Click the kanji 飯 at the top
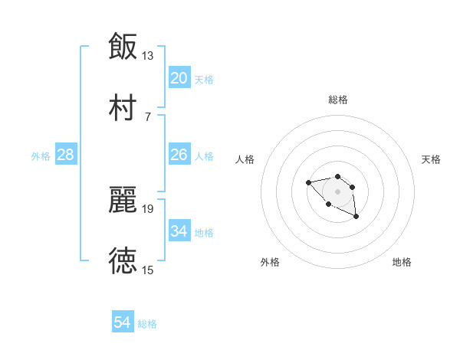123,46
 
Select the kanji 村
123,106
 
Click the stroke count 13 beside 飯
148,55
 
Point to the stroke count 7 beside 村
148,116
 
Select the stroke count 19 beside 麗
148,208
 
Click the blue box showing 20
179,77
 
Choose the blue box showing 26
179,155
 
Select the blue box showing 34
179,231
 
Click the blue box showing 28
66,155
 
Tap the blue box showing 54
123,322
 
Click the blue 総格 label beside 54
147,324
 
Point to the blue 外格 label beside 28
41,156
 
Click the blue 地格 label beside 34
204,233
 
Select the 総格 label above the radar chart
338,100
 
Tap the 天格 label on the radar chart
432,159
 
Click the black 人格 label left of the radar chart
245,159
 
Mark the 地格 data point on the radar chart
356,218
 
